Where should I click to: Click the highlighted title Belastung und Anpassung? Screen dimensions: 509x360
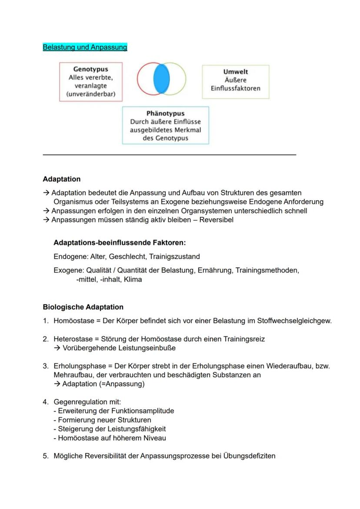click(x=85, y=47)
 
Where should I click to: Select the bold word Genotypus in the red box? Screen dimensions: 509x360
click(x=90, y=69)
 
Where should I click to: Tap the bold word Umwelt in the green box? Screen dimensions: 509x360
click(x=235, y=72)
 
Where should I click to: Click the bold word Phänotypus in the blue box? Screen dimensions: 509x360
click(x=165, y=113)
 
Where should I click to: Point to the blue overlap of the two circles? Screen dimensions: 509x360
click(x=161, y=78)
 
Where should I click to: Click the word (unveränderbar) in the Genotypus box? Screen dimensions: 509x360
click(x=90, y=94)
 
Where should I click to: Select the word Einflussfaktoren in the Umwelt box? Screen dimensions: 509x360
click(x=235, y=88)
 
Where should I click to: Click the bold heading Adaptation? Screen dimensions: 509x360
click(x=61, y=179)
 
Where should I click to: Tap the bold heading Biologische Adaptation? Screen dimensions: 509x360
click(x=83, y=307)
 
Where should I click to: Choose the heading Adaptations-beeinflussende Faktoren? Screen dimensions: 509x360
click(x=120, y=243)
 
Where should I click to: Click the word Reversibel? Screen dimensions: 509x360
click(x=216, y=220)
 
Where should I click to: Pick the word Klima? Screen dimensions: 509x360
click(x=133, y=279)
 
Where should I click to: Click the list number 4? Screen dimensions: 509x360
click(x=45, y=402)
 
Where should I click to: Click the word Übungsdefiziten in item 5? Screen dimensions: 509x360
click(x=249, y=456)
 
